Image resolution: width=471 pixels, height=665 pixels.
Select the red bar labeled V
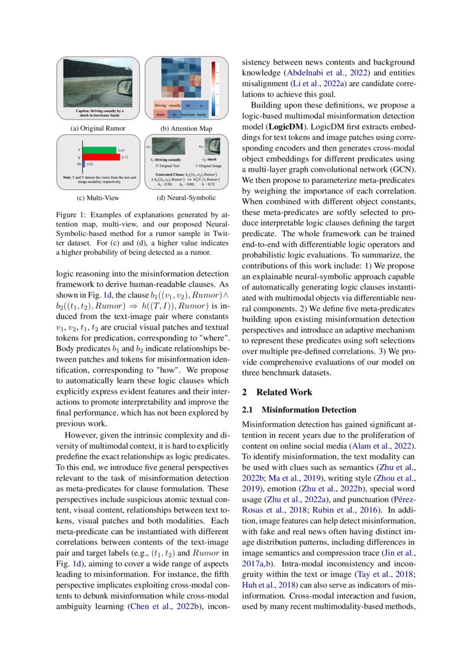coord(100,156)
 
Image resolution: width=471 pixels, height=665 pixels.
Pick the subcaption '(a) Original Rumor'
coord(97,129)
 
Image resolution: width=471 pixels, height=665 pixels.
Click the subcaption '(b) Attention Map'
coord(186,129)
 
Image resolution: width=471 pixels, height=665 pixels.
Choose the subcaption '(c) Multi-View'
coord(97,198)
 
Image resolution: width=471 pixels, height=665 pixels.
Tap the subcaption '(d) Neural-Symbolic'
coord(186,198)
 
